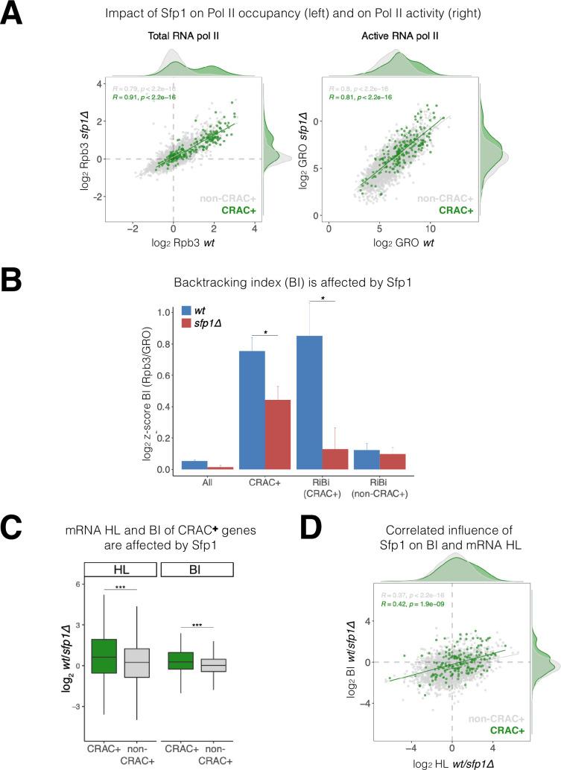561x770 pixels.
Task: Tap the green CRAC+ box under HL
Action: tap(104, 655)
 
